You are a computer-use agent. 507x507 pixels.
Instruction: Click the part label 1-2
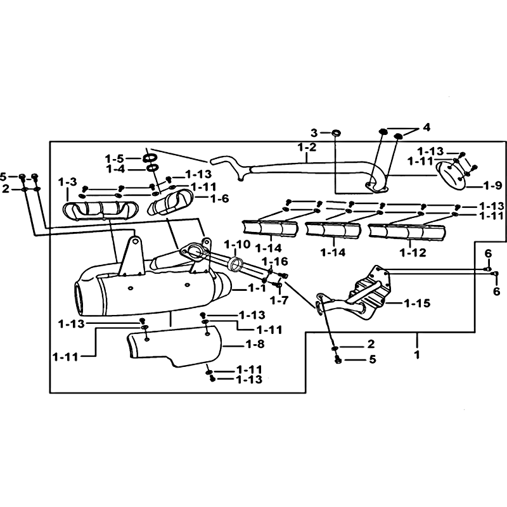point(307,148)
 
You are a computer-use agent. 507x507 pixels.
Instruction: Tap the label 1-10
point(237,245)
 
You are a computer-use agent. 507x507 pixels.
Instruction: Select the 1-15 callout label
point(417,304)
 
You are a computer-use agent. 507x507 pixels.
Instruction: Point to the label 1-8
point(255,344)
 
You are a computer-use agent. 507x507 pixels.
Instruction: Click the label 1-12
point(413,252)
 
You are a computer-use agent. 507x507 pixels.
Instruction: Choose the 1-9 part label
point(492,186)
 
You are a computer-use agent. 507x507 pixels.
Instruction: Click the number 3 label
point(314,132)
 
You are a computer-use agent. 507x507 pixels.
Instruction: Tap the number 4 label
point(427,127)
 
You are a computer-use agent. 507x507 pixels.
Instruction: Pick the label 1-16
point(274,261)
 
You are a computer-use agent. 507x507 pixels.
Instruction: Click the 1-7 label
point(279,300)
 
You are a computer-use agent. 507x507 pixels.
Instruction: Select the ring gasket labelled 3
point(336,132)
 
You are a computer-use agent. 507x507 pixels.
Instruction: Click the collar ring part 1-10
point(237,263)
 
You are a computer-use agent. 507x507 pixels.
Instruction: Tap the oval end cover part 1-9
point(451,177)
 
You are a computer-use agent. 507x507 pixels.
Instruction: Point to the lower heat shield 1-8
point(175,346)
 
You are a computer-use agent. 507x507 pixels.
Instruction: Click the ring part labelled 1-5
point(150,158)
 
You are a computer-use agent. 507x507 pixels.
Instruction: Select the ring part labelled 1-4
point(151,168)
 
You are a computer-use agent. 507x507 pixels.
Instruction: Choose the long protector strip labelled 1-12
point(407,232)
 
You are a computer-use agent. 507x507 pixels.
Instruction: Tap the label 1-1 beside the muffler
point(257,288)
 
